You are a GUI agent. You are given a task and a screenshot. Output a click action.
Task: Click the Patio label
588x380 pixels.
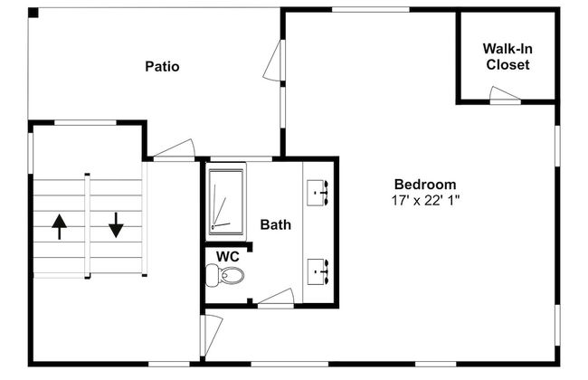162,67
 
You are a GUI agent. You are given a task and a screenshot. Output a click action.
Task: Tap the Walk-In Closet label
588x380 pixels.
507,57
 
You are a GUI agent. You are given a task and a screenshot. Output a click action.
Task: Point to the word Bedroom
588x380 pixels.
425,185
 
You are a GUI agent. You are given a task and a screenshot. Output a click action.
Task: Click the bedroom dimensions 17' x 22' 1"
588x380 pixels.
426,200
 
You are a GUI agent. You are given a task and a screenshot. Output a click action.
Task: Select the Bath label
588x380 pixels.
276,224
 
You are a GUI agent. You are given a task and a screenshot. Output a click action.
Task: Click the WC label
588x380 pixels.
228,257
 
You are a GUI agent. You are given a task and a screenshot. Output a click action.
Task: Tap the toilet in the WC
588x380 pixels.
224,275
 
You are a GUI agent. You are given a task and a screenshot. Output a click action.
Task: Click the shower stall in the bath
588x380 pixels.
226,202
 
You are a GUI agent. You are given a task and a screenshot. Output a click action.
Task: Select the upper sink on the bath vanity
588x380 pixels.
318,193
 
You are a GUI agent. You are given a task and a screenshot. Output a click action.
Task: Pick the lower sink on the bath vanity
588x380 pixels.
318,271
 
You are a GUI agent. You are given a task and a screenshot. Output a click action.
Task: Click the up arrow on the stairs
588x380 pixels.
59,226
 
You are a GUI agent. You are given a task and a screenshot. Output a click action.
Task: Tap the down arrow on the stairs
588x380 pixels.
116,225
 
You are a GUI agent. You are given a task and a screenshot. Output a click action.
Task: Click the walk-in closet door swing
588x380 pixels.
505,94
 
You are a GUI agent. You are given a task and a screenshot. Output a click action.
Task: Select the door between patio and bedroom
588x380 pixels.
273,61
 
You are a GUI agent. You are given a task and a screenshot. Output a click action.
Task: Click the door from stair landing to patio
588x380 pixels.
175,149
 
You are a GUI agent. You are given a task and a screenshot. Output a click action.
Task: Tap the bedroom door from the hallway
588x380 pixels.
212,335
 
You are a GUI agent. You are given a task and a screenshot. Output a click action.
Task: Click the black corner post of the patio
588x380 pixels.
33,13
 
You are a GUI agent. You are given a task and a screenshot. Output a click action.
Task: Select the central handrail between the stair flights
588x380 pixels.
88,226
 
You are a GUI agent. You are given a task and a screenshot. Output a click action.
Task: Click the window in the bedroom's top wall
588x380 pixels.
371,9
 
